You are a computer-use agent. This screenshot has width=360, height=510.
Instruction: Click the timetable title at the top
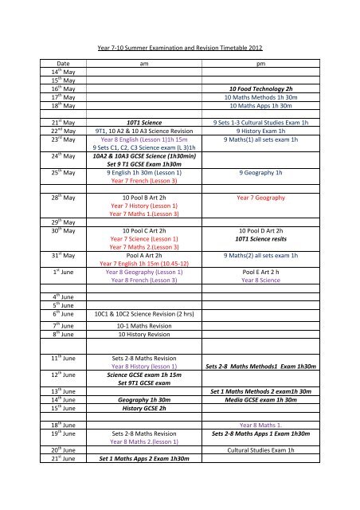[179, 49]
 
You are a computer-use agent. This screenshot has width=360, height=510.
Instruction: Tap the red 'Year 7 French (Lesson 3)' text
[143, 204]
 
